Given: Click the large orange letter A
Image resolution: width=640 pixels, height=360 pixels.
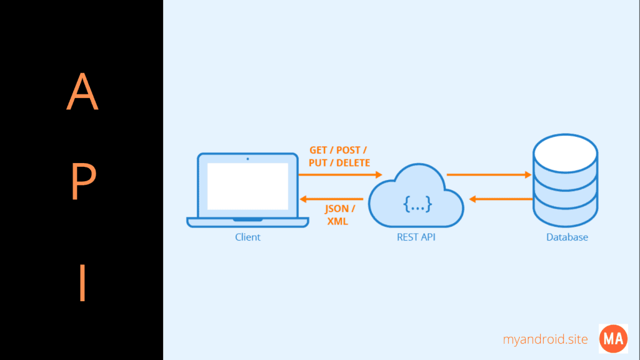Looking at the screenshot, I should click(82, 92).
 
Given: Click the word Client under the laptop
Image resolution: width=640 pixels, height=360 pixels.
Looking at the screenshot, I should click(247, 237).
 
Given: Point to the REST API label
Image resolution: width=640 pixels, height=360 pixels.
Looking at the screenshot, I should click(416, 237).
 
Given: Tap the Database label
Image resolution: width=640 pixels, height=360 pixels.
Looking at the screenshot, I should click(567, 237).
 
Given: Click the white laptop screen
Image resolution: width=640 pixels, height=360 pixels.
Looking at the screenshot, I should click(247, 186).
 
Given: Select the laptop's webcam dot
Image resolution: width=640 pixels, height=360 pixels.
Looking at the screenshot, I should click(247, 159).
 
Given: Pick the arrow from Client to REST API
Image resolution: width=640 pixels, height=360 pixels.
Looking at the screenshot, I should click(341, 175).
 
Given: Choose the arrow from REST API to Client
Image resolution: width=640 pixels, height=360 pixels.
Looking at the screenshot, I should click(331, 199).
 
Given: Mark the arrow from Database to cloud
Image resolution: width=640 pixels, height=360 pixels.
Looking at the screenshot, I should click(500, 199).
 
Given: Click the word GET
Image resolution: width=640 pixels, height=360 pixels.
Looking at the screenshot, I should click(319, 151).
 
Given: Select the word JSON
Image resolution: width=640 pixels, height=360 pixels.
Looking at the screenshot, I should click(337, 209).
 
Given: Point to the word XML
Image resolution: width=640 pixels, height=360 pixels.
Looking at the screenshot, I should click(337, 221).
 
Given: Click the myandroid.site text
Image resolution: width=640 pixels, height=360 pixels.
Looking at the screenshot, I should click(546, 339).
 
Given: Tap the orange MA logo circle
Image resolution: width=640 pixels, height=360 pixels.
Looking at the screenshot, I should click(613, 339).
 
